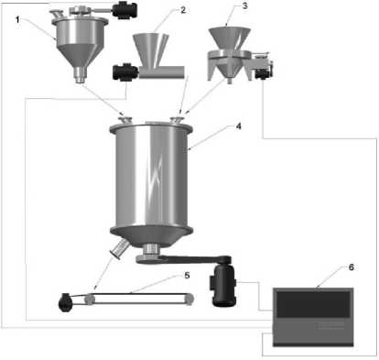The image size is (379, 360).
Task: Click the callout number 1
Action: click(17, 20)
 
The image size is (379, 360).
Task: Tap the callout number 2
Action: click(183, 10)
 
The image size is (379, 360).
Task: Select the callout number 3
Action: click(245, 5)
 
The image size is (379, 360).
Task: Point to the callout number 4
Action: click(239, 125)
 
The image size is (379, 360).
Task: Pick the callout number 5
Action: click(187, 275)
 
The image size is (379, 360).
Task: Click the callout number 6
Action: click(352, 267)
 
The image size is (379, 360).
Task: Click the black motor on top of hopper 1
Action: click(125, 10)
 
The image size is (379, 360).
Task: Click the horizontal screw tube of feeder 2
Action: click(162, 72)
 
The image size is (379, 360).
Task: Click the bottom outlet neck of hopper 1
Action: click(81, 75)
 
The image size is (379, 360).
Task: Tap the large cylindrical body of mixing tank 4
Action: click(151, 177)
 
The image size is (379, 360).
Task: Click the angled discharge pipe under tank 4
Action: click(120, 249)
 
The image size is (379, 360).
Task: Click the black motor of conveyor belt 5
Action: click(65, 302)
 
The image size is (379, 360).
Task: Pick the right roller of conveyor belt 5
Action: click(189, 300)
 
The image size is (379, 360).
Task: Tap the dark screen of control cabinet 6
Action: click(313, 304)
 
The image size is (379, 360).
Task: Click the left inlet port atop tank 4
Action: click(125, 119)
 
